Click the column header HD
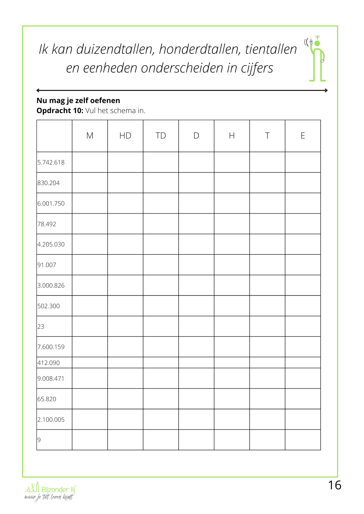(x=125, y=136)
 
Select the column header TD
(x=161, y=136)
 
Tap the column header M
(x=90, y=136)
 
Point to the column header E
(x=303, y=136)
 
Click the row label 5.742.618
(x=51, y=162)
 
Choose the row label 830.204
(x=49, y=183)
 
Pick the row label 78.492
(x=47, y=224)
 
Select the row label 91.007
(x=47, y=265)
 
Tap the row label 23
(x=41, y=327)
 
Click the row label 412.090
(x=49, y=363)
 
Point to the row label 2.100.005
(x=51, y=420)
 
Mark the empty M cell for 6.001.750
(x=90, y=203)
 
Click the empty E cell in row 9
(x=303, y=440)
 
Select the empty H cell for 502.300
(x=232, y=306)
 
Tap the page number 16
(x=335, y=485)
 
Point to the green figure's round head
(x=317, y=43)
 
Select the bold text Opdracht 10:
(x=60, y=111)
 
